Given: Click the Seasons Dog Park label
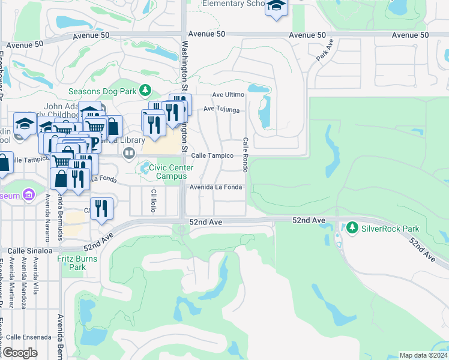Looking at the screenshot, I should pos(103,91).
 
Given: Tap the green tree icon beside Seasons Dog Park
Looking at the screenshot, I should pos(144,91).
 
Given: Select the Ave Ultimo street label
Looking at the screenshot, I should pos(228,95).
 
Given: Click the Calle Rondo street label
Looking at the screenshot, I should pos(246,154).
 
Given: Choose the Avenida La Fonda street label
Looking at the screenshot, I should pos(216,187).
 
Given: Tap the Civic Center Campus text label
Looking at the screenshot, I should pos(171,172).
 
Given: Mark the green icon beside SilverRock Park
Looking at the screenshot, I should pos(351,228).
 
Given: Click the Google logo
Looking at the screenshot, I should pos(19,353).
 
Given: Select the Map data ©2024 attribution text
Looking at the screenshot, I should pos(423,355).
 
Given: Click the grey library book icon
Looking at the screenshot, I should pos(128,154).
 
